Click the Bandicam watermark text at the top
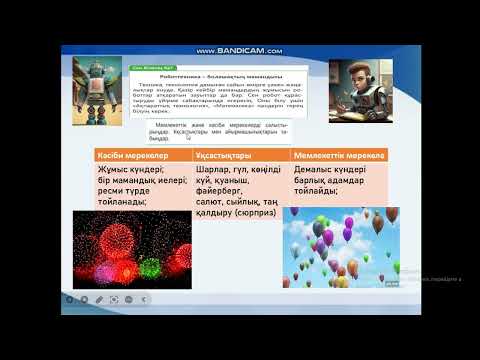(x=240, y=50)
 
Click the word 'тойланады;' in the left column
(x=124, y=201)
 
